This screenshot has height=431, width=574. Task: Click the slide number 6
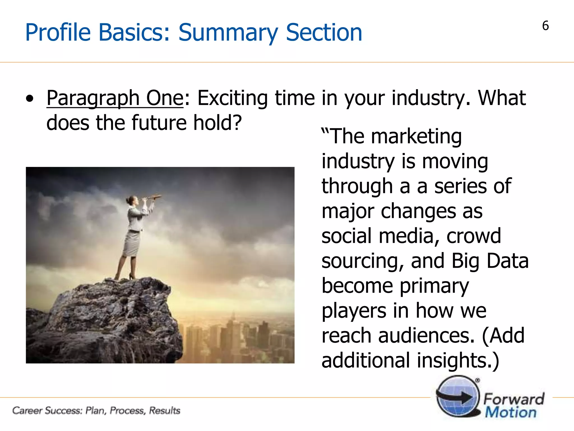(545, 26)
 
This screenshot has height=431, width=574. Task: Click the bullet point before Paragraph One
(29, 99)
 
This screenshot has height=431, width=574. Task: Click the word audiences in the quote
(426, 336)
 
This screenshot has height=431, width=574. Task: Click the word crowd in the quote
(473, 236)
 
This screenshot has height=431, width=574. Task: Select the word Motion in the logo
(511, 412)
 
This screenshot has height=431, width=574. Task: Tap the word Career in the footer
(27, 411)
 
